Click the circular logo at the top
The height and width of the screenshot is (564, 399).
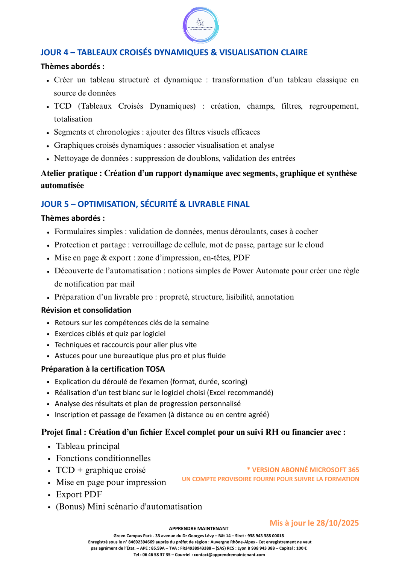click(201, 25)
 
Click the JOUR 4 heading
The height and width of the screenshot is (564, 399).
click(174, 52)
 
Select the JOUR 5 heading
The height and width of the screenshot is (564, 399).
click(145, 204)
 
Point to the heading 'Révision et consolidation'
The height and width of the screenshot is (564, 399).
click(86, 310)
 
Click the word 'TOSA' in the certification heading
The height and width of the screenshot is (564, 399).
click(155, 369)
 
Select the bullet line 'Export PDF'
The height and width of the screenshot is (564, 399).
click(79, 494)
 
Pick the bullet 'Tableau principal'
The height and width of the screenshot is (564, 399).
click(88, 446)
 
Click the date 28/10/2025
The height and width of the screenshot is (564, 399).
click(337, 523)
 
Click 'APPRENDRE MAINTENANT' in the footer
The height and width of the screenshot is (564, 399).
click(199, 529)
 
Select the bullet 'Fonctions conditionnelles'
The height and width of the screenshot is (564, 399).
click(103, 458)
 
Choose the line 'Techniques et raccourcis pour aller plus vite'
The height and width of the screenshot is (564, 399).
click(126, 345)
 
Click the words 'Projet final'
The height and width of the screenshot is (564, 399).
click(61, 432)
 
